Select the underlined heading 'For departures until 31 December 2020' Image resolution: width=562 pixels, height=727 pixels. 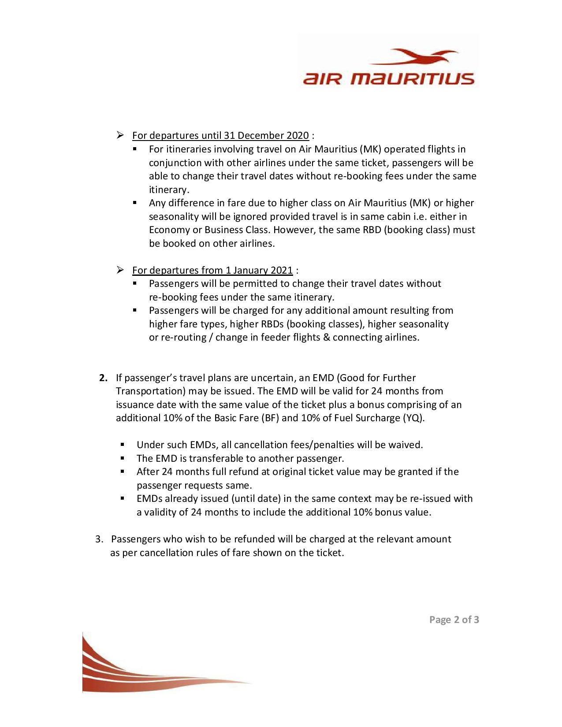point(220,135)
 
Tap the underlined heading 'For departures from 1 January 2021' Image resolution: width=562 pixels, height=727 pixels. point(212,270)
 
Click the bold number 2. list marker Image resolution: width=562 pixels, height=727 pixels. point(104,378)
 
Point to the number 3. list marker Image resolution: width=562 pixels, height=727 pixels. point(100,539)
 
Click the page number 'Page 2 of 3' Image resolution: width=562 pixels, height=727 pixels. point(454,620)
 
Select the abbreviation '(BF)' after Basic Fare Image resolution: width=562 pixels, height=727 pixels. point(269,418)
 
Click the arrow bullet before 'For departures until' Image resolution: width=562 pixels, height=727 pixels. point(121,135)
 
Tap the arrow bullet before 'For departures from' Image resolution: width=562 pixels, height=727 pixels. point(121,270)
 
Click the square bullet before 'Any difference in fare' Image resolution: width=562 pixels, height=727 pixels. point(135,203)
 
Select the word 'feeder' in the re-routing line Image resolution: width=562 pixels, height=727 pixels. point(276,338)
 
